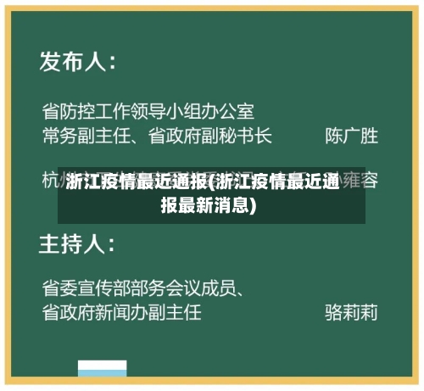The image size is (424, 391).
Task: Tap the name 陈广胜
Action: pyautogui.click(x=351, y=135)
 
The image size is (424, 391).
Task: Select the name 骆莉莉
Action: pyautogui.click(x=351, y=312)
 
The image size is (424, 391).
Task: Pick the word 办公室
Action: pyautogui.click(x=227, y=111)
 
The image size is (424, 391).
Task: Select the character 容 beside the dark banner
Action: pyautogui.click(x=370, y=180)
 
